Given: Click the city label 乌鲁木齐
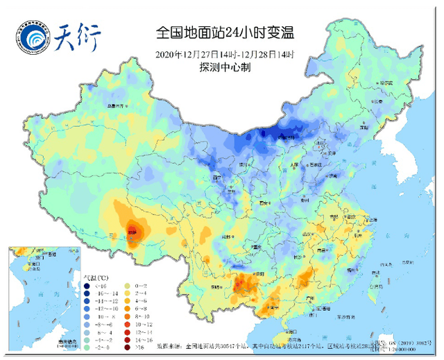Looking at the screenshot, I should click(x=118, y=105).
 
